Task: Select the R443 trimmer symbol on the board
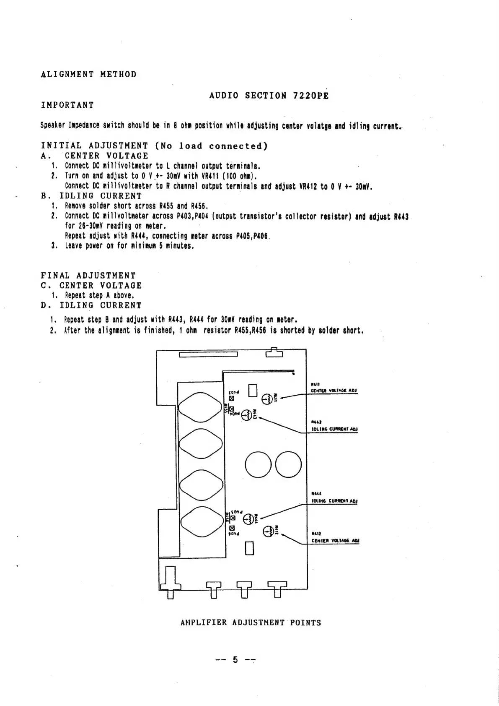tap(247, 415)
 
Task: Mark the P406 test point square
tap(231, 528)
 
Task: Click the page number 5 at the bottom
tap(235, 660)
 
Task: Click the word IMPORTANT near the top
tap(67, 105)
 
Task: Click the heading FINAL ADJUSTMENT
tap(88, 276)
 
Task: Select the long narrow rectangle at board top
tap(208, 355)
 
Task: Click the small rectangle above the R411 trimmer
tap(252, 390)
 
